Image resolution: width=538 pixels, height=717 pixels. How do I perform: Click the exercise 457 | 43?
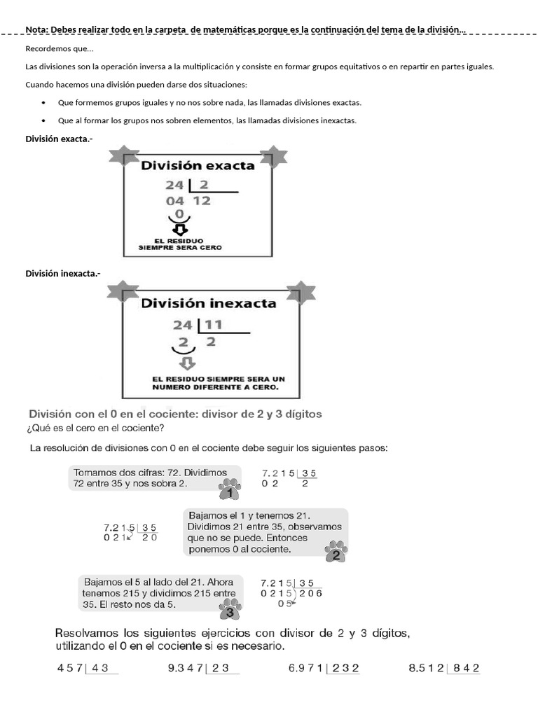pos(88,669)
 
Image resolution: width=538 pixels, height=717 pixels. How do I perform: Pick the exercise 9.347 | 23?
pos(202,669)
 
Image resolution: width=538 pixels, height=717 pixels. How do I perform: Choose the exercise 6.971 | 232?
pos(324,669)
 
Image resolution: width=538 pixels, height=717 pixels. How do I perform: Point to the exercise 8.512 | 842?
pos(444,669)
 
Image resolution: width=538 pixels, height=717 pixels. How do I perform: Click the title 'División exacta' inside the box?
pos(198,166)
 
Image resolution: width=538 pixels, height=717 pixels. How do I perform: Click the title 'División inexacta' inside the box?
pos(209,304)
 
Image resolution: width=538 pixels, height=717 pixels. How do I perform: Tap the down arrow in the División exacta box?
pos(180,230)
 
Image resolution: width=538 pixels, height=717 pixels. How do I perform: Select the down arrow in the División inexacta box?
pos(187,363)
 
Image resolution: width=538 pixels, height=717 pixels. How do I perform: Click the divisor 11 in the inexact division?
pos(214,325)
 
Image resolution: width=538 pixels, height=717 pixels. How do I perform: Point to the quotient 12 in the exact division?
pos(202,201)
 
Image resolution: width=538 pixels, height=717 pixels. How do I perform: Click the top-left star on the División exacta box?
pos(124,157)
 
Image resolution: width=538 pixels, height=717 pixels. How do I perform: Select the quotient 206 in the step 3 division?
pos(310,593)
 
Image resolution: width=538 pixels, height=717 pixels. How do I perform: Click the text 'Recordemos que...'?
pos(59,48)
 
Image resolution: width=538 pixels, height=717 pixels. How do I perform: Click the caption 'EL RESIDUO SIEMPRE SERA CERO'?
pos(179,244)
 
